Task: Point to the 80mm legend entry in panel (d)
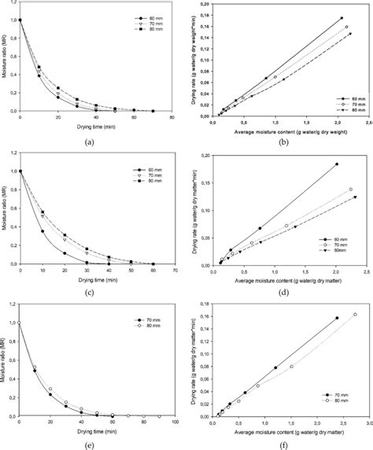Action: (344, 260)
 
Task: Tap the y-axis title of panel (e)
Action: (9, 368)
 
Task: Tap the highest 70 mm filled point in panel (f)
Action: (337, 340)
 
